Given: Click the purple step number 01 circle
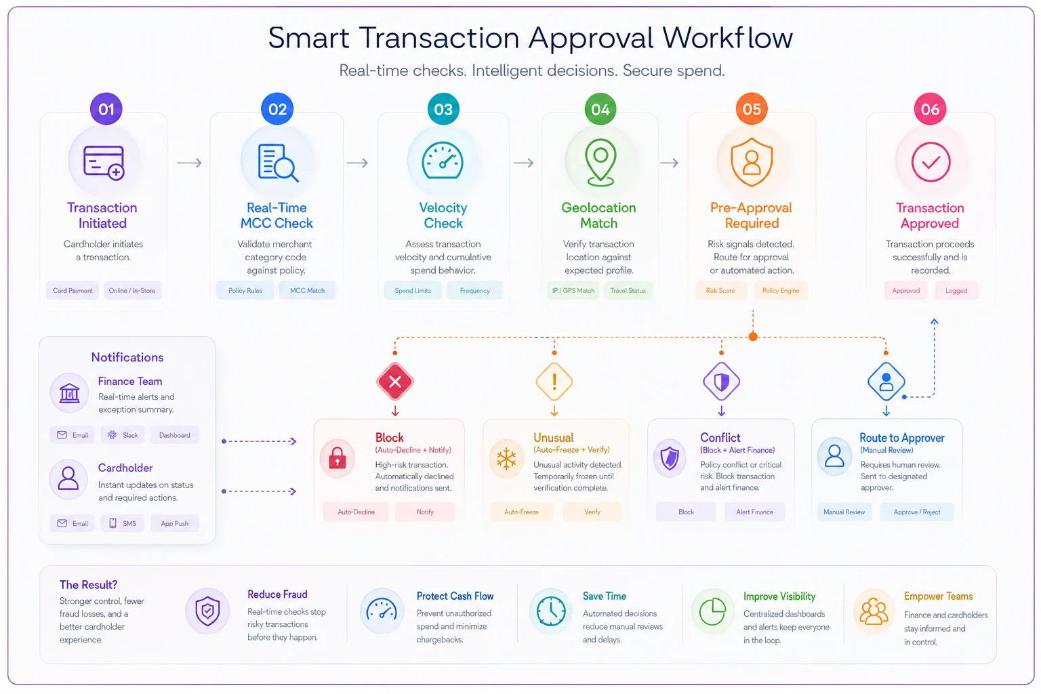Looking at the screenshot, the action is (106, 108).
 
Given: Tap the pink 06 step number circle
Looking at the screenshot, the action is (930, 108).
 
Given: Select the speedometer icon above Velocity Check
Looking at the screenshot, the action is (443, 161).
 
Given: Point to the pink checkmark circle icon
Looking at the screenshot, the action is (931, 162).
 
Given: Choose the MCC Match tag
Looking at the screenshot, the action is (307, 291).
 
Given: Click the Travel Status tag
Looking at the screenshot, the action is (628, 291).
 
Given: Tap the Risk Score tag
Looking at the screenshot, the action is (720, 291).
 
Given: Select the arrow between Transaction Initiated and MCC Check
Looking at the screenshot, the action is (189, 163).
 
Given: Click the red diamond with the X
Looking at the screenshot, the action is (395, 382).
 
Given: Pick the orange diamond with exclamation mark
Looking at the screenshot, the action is (554, 382).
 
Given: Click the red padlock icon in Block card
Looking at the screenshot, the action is (338, 457).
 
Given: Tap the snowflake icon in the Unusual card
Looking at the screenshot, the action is (506, 459).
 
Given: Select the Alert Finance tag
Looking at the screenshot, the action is (755, 512).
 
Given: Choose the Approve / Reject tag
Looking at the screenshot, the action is (916, 512).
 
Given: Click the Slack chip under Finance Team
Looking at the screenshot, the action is (123, 435).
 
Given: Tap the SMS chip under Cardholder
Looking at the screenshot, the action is (122, 523).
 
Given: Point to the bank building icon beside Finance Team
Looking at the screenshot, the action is (69, 393).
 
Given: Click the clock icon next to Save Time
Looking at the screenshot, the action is (551, 611).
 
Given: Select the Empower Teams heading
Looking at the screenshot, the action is (938, 596).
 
